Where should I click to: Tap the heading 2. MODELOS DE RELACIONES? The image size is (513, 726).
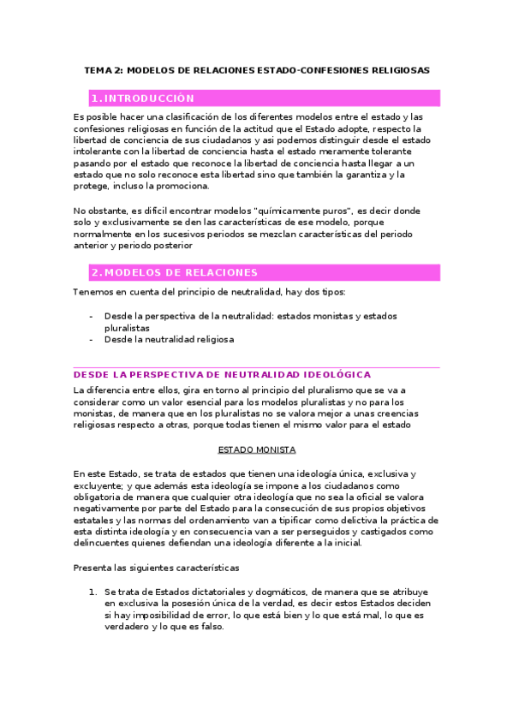click(174, 272)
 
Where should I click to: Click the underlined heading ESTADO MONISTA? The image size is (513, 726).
click(257, 449)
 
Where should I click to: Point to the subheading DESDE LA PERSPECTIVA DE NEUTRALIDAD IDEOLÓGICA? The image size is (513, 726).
click(223, 374)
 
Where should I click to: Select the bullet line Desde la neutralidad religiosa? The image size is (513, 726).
click(169, 339)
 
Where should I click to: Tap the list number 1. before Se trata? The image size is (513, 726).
click(94, 592)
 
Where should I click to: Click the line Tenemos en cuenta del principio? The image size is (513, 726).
click(188, 292)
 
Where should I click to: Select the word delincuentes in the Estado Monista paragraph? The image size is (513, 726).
click(101, 543)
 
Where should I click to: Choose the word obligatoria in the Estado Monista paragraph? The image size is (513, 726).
click(101, 497)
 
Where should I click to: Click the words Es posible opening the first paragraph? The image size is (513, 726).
click(93, 116)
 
